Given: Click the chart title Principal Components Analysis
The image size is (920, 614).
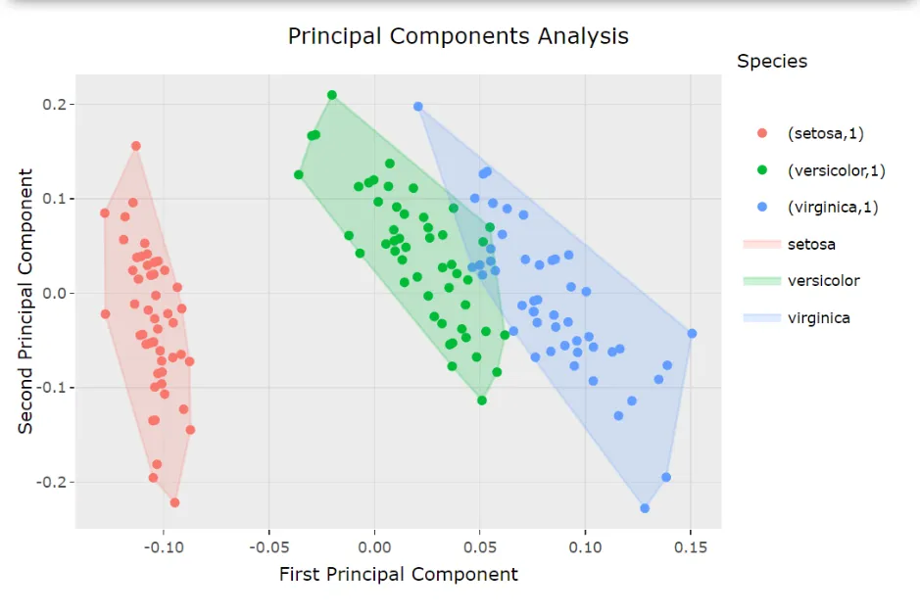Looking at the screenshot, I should click(x=458, y=36).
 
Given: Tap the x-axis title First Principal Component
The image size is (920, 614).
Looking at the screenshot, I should click(x=398, y=574).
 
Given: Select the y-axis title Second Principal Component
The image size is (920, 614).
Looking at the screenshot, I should click(x=26, y=301).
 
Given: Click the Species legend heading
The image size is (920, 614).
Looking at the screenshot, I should click(x=772, y=61).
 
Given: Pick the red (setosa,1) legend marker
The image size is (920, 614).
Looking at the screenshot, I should click(x=762, y=133).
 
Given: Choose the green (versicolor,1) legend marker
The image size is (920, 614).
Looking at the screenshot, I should click(x=762, y=170).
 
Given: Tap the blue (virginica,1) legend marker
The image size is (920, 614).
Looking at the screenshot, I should click(x=762, y=207).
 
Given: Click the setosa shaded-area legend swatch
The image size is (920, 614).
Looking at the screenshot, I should click(x=762, y=244).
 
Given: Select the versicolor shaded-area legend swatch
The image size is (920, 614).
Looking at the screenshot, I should click(x=762, y=281).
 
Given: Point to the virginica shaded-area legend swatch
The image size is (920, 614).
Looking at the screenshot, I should click(x=762, y=317).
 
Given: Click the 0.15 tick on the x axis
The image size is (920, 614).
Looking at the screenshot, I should click(x=691, y=544).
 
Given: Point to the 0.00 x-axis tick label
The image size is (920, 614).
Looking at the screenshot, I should click(x=374, y=544).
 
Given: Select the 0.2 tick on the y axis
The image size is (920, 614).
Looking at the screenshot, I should click(x=57, y=105).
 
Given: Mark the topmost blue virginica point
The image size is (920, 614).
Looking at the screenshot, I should click(x=418, y=107).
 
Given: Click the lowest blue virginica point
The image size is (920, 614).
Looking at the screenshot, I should click(x=645, y=508).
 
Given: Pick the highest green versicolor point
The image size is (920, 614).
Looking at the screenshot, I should click(x=332, y=95).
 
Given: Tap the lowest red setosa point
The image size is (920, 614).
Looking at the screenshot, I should click(x=175, y=502).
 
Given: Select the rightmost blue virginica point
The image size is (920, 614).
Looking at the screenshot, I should click(x=692, y=333).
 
